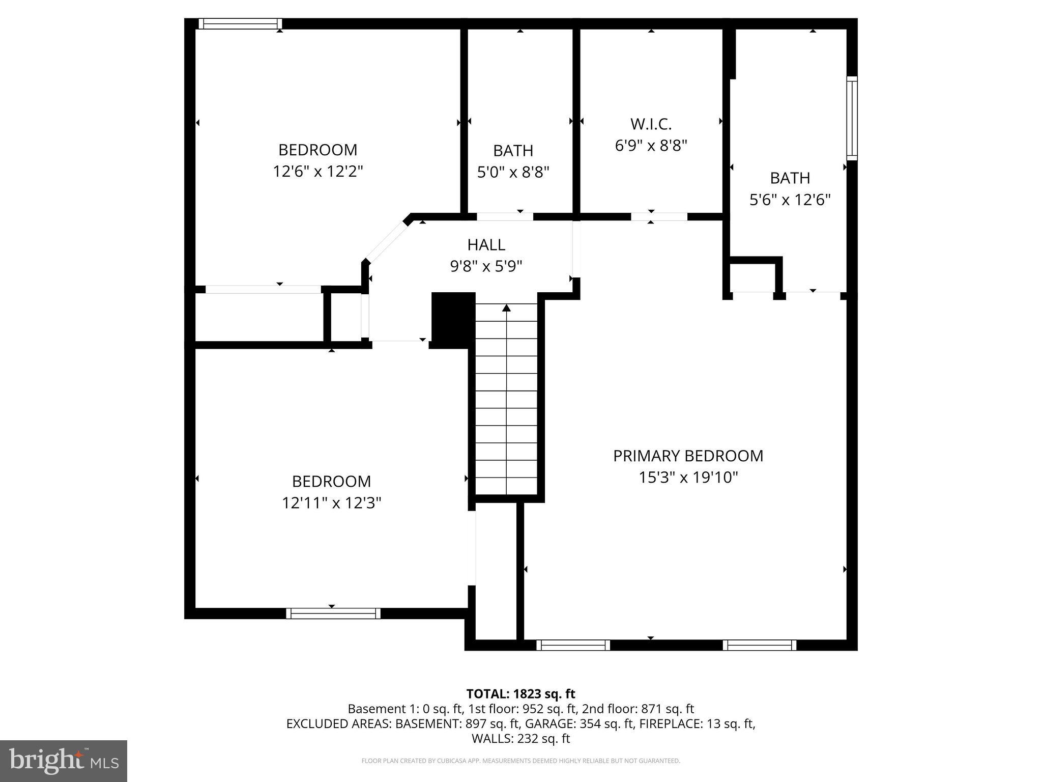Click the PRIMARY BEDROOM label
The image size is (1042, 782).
pyautogui.click(x=688, y=456)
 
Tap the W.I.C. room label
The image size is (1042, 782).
pyautogui.click(x=651, y=124)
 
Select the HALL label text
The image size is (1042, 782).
pyautogui.click(x=486, y=245)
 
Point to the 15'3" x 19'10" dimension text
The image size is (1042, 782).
pyautogui.click(x=688, y=478)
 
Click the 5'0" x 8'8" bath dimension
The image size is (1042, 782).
pyautogui.click(x=513, y=172)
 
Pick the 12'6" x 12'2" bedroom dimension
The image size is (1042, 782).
pyautogui.click(x=317, y=171)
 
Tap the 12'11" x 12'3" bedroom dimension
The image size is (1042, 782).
pyautogui.click(x=331, y=503)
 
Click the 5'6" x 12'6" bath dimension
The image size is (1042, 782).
pyautogui.click(x=790, y=200)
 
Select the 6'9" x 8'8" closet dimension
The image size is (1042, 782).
pyautogui.click(x=651, y=146)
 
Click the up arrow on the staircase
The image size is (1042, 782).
pyautogui.click(x=506, y=308)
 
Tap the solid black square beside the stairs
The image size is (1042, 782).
pyautogui.click(x=453, y=320)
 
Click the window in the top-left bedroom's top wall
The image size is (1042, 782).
pyautogui.click(x=240, y=23)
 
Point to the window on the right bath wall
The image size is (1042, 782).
pyautogui.click(x=852, y=118)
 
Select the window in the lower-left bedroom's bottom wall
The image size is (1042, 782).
pyautogui.click(x=333, y=613)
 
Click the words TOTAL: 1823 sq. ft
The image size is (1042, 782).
pyautogui.click(x=520, y=693)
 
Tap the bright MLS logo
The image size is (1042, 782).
pyautogui.click(x=63, y=761)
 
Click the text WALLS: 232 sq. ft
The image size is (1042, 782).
pyautogui.click(x=520, y=738)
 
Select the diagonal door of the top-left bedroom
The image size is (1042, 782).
pyautogui.click(x=387, y=241)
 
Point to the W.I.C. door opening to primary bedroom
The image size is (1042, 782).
pyautogui.click(x=659, y=217)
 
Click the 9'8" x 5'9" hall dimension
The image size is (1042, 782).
pyautogui.click(x=486, y=266)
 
